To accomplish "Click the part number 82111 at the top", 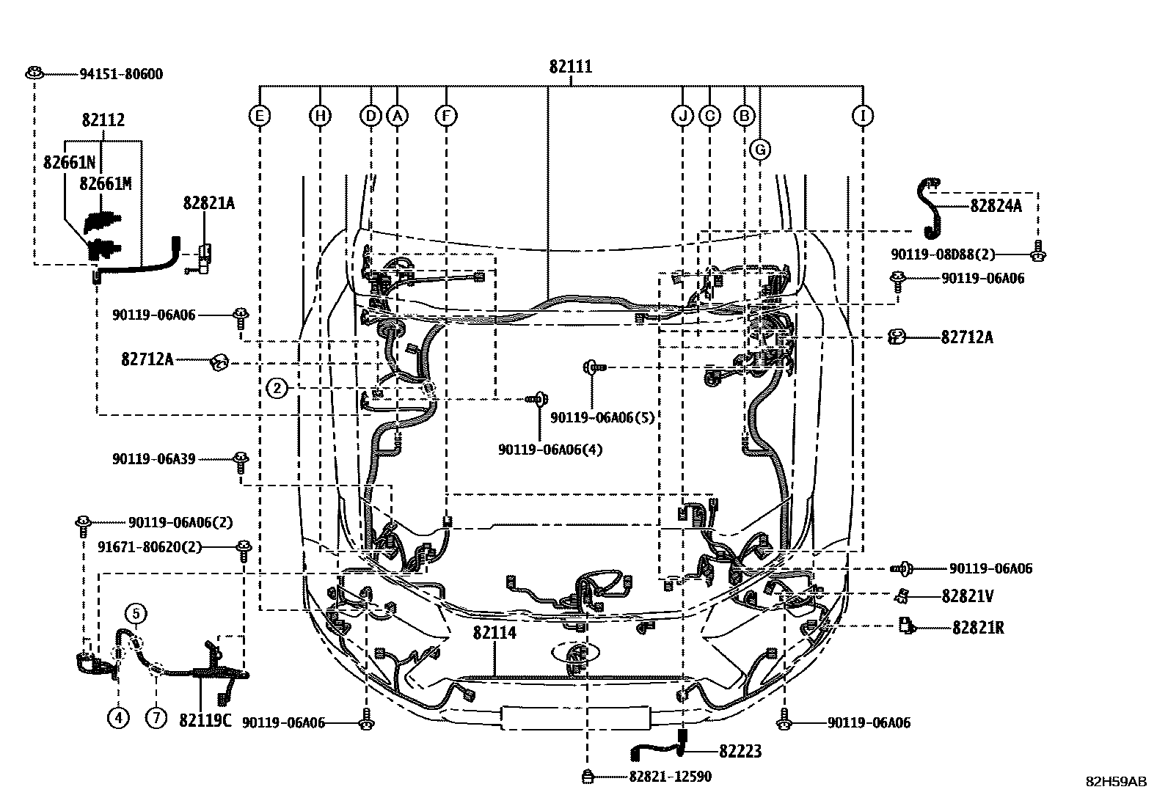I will tap(570, 67).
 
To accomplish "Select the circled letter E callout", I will tap(259, 115).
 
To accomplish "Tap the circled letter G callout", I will tap(760, 150).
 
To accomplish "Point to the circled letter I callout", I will tap(863, 115).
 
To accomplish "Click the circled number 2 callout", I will tap(276, 387).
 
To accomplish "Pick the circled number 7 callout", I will tap(156, 719).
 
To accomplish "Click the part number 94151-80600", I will tap(121, 74).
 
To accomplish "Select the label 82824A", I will tap(996, 206).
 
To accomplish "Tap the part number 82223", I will tap(740, 751).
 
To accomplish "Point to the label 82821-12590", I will tap(670, 776).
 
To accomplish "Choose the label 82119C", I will tap(205, 720).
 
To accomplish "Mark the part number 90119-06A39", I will tap(153, 459).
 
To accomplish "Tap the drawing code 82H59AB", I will tap(1116, 782).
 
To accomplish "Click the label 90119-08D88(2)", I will tap(943, 254).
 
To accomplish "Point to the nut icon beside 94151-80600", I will tap(34, 73).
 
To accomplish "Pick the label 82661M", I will tap(106, 183).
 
